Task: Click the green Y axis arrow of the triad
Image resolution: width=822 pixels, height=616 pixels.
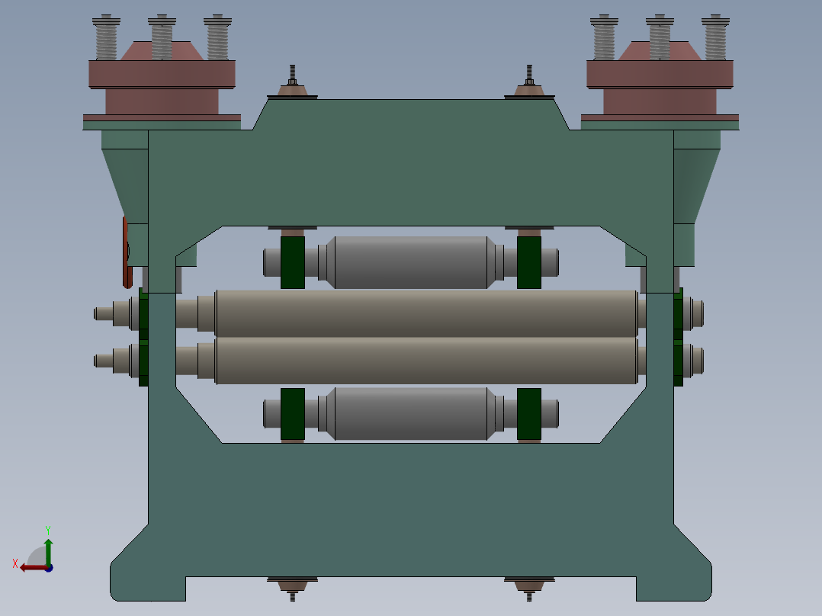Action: (x=48, y=547)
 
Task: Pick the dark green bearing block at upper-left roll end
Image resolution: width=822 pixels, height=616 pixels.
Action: (x=293, y=262)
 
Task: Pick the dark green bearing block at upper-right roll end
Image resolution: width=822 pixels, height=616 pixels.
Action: (x=529, y=262)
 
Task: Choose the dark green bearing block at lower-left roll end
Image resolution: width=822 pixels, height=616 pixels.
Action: (x=293, y=414)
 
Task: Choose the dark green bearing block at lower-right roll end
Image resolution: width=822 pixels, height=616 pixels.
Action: (x=529, y=414)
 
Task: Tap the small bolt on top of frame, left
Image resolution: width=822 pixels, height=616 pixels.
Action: (x=292, y=77)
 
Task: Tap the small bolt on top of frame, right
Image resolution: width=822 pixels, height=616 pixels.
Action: (x=529, y=77)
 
